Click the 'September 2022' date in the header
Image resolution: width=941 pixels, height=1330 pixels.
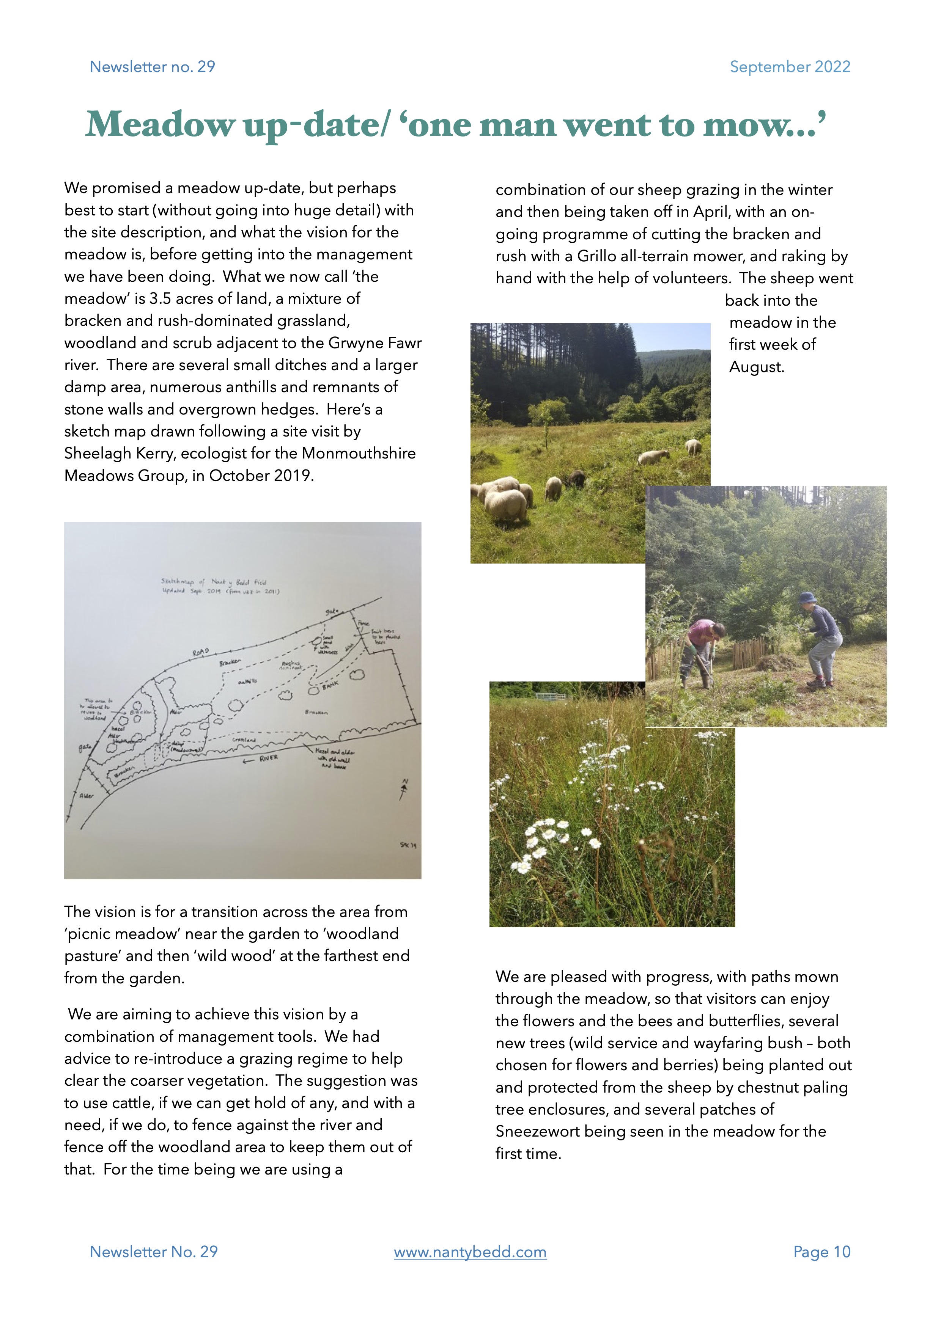789,67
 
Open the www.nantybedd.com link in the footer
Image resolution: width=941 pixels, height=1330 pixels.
470,1252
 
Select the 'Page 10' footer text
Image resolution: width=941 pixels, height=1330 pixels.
821,1252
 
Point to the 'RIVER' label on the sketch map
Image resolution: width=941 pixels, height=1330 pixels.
268,758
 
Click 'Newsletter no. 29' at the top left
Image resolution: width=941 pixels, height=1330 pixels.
153,67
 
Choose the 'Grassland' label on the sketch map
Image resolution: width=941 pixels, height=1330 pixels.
244,740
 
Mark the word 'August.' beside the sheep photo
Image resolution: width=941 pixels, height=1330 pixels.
756,367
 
